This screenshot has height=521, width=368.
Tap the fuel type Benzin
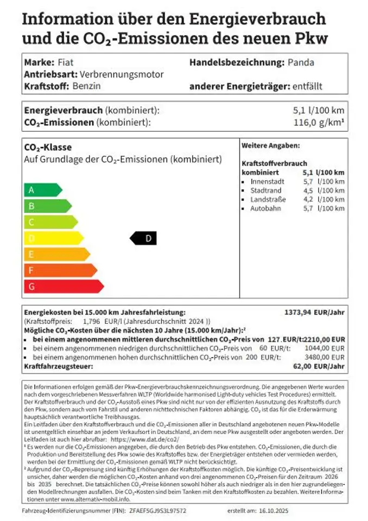[x=86, y=86]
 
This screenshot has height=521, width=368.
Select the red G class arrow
[x=62, y=286]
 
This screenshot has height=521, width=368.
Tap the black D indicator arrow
[x=144, y=238]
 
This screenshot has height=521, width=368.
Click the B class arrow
[x=47, y=206]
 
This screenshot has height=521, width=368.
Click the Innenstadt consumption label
[x=267, y=181]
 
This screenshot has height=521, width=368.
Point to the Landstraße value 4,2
[x=308, y=199]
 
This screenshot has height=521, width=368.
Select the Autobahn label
[x=265, y=208]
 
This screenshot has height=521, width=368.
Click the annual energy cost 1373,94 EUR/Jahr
[x=314, y=312]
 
